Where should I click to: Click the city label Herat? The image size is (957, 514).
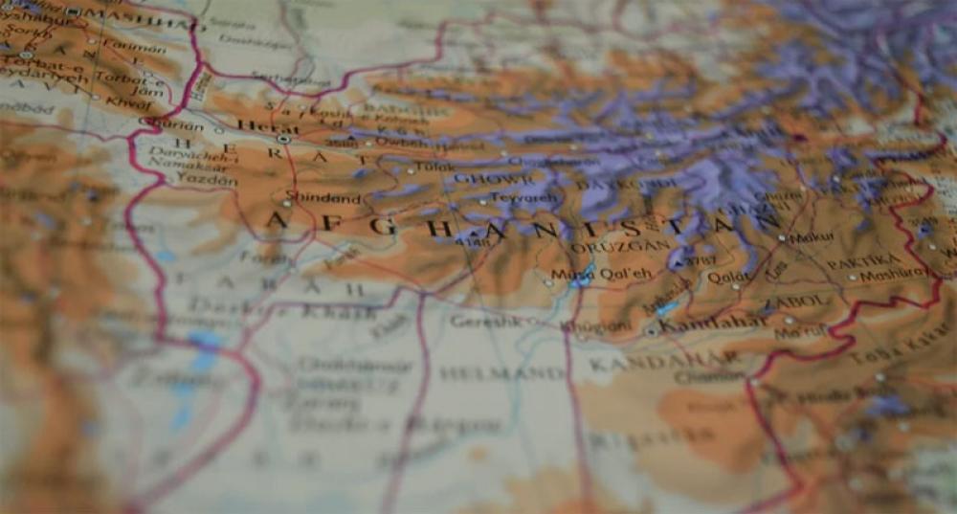point(255,126)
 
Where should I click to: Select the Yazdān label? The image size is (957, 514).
point(206,180)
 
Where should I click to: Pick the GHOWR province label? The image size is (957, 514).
point(494,178)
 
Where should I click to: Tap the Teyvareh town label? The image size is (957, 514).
point(523,198)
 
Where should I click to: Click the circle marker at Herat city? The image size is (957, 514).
point(283,139)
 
